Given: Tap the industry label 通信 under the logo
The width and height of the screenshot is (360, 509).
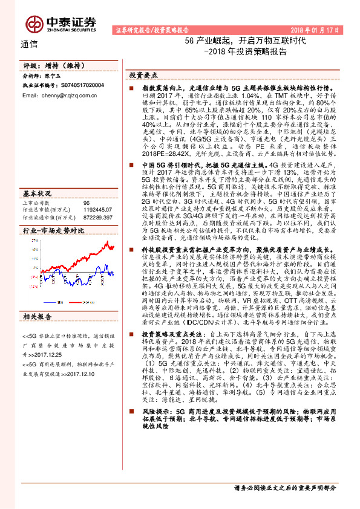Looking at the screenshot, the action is pos(29,44).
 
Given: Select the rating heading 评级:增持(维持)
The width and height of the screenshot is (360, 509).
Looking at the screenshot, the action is pos(46,66).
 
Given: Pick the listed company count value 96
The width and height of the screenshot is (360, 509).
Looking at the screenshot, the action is pos(86,203).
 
